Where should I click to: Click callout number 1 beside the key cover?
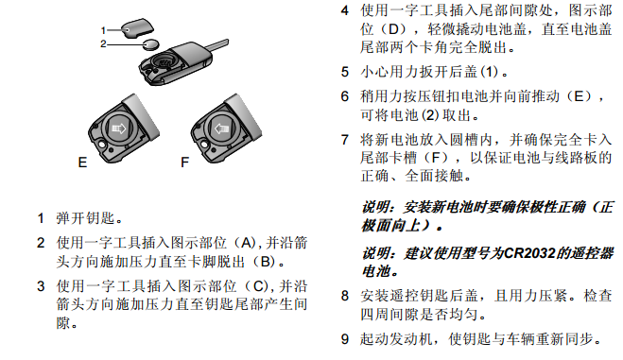click(x=103, y=30)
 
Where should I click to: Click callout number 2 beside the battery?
click(x=103, y=44)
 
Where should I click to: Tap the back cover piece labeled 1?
click(x=137, y=28)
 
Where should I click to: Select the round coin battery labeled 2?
click(x=151, y=44)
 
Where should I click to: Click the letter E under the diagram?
click(x=82, y=163)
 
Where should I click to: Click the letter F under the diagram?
click(x=184, y=163)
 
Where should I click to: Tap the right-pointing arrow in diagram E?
click(x=119, y=129)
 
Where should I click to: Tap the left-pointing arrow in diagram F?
click(x=222, y=129)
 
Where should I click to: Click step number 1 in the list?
click(x=41, y=218)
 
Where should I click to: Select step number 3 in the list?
click(x=41, y=286)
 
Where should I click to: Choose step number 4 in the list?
click(x=345, y=10)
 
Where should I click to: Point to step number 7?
click(x=345, y=140)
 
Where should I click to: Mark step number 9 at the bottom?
click(x=345, y=339)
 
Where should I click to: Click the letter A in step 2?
click(x=247, y=243)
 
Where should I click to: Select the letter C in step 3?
click(x=258, y=286)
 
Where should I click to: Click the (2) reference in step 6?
click(x=430, y=115)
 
